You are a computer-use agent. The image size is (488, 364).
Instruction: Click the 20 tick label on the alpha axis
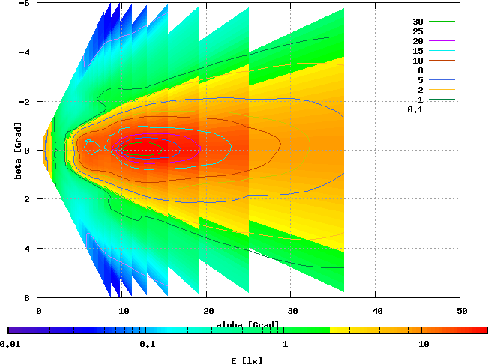pos(208,310)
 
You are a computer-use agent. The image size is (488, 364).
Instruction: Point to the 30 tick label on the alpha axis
pos(292,310)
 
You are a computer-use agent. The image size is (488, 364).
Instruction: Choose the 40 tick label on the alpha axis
pos(377,310)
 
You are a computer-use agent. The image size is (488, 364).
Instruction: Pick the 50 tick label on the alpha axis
pos(462,310)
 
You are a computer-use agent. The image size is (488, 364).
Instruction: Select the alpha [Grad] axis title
pos(247,324)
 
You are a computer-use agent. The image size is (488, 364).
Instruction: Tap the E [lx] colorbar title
pos(247,360)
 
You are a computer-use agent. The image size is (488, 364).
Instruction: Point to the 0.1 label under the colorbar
pos(147,345)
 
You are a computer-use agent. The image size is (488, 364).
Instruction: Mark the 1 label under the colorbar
pos(286,345)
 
